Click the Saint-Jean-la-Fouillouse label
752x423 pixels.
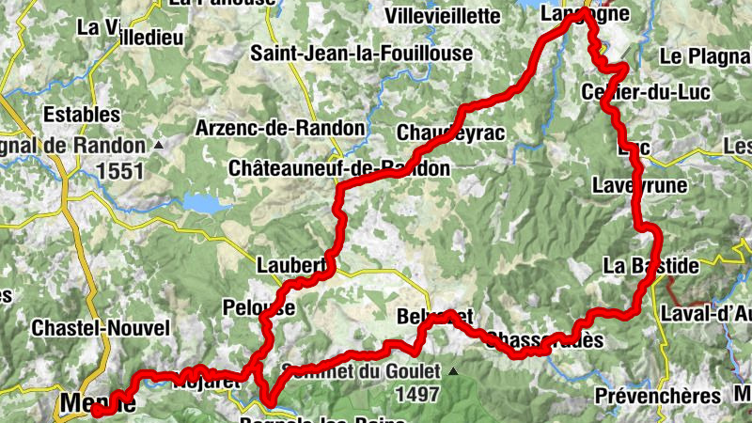(x=361, y=54)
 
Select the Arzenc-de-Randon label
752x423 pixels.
(x=279, y=127)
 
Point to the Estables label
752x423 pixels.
(x=83, y=115)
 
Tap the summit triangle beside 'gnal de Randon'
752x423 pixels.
(x=159, y=146)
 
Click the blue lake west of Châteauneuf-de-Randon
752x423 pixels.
(x=206, y=202)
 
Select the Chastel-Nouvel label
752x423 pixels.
(x=101, y=328)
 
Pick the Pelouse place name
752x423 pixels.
(x=258, y=306)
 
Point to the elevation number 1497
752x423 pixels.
(x=418, y=394)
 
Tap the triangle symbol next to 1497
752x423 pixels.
(x=454, y=371)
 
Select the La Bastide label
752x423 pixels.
(x=650, y=266)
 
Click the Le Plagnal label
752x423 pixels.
(x=705, y=56)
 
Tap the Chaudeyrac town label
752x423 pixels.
(x=450, y=133)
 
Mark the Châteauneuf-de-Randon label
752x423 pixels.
(x=338, y=168)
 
